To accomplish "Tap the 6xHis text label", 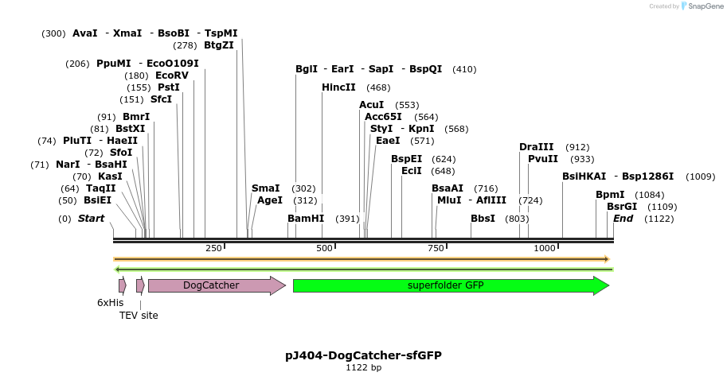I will tap(110, 303).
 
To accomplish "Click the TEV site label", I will tap(139, 316).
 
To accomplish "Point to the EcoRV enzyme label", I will tap(172, 76).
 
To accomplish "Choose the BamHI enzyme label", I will tap(306, 219).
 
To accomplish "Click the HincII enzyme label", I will tap(338, 87).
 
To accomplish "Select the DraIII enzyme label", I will tap(536, 147).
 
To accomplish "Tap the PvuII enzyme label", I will tap(543, 159).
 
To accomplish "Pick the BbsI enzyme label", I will tap(483, 219).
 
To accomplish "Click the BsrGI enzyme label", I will tap(622, 207).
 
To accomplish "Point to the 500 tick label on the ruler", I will tap(324, 249).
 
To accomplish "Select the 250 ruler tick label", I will tap(213, 249).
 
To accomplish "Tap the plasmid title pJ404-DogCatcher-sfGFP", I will tap(363, 355).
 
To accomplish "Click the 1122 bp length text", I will tap(363, 368).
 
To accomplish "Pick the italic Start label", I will tap(91, 219).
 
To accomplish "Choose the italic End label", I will tap(623, 219).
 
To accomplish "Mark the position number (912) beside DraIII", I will tap(577, 147).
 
